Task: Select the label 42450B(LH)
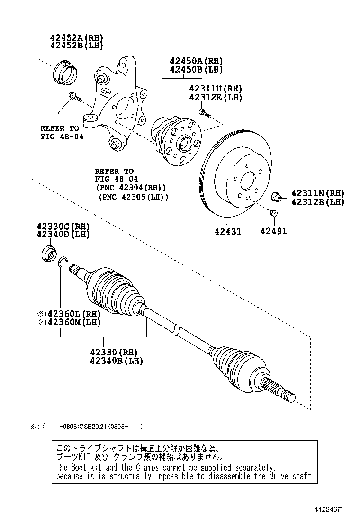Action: coord(196,70)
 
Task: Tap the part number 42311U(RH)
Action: coord(215,88)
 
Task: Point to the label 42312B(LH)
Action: coord(317,202)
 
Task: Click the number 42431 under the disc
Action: coord(228,232)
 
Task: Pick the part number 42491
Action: coord(273,232)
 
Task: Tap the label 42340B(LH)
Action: coord(116,361)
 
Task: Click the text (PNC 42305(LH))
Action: coord(133,197)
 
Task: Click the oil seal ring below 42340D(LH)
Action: coord(48,254)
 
